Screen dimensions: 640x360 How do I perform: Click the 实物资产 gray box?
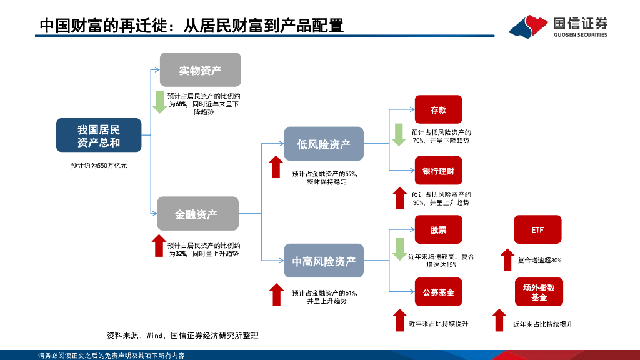point(201,70)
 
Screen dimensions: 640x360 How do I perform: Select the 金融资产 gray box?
point(198,214)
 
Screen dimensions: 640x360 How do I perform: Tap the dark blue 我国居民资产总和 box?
point(99,135)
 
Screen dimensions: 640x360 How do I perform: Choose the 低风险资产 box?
point(324,144)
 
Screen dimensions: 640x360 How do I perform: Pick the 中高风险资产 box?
point(324,261)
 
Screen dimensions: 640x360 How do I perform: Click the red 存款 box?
point(438,109)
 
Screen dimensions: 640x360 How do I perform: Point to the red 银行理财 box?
point(438,171)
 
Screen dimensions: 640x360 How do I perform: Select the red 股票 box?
point(438,230)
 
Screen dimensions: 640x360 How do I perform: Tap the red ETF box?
point(537,230)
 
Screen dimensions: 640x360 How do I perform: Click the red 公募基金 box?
point(438,292)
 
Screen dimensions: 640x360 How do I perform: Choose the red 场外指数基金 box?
point(539,292)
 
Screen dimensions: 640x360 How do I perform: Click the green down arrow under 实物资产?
point(159,102)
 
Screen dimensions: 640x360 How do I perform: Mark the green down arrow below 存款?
point(399,135)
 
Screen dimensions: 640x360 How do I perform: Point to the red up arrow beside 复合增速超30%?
point(507,260)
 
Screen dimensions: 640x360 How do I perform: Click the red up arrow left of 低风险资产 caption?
point(276,167)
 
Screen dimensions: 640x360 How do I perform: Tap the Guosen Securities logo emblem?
point(529,26)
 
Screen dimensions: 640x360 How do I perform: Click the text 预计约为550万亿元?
point(99,165)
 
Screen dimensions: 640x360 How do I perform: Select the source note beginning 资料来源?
point(182,336)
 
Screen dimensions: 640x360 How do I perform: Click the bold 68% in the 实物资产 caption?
point(181,104)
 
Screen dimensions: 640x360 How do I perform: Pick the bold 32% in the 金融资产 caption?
point(181,254)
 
